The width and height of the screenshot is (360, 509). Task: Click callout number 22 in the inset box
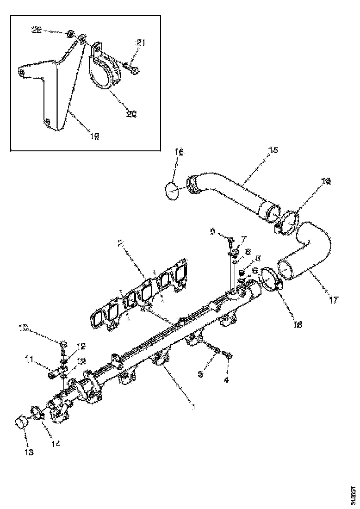pos(36,30)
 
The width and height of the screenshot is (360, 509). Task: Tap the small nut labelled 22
pos(70,34)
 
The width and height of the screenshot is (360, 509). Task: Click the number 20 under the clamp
pos(131,114)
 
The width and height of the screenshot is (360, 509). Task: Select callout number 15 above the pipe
pos(273,150)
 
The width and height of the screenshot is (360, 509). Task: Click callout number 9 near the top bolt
pos(212,230)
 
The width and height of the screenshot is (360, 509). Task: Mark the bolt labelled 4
pos(227,355)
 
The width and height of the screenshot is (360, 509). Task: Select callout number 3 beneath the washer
pos(200,374)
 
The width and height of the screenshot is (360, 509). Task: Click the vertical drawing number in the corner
pos(353,494)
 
